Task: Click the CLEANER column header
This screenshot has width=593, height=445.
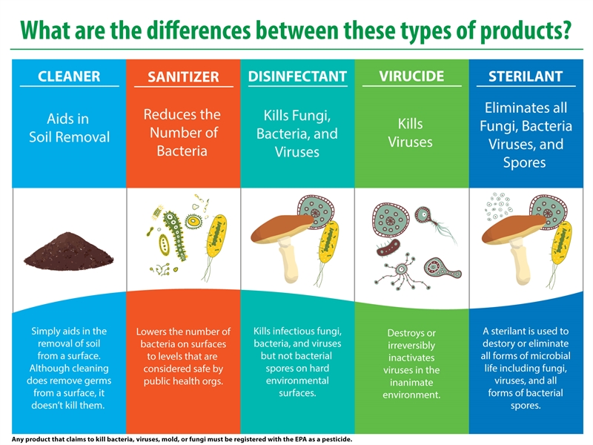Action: pyautogui.click(x=68, y=76)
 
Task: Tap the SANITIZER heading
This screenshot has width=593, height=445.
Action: pyautogui.click(x=183, y=77)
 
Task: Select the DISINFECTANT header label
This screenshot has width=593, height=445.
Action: pyautogui.click(x=297, y=76)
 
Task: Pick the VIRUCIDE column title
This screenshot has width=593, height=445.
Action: pyautogui.click(x=411, y=76)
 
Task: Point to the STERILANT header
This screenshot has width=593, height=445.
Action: pyautogui.click(x=526, y=76)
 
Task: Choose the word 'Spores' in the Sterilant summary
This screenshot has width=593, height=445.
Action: pyautogui.click(x=525, y=162)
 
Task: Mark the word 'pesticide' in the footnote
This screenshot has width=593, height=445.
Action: pyautogui.click(x=334, y=439)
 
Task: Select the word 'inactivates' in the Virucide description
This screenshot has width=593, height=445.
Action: pyautogui.click(x=411, y=357)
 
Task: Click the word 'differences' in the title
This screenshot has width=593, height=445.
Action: pyautogui.click(x=178, y=30)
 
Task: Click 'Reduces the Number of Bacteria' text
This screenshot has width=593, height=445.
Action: pyautogui.click(x=182, y=133)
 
